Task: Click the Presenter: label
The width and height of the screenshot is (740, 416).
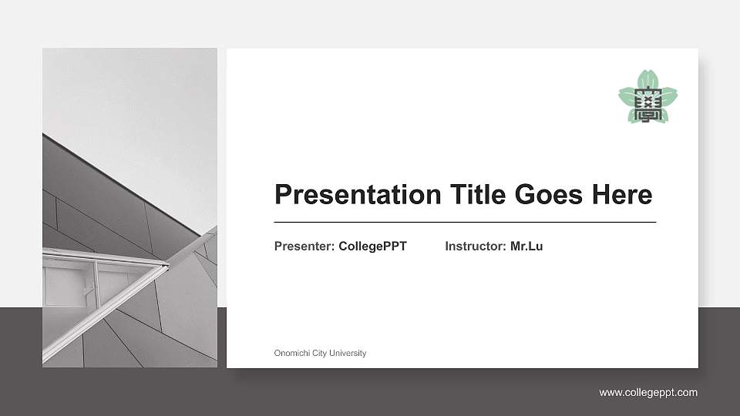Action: click(x=304, y=247)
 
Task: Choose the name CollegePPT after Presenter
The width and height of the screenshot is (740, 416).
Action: click(x=372, y=247)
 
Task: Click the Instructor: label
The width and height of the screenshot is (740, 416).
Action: click(x=476, y=247)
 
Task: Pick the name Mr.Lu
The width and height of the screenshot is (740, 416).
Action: click(x=526, y=247)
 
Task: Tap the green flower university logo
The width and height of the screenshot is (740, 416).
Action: click(x=647, y=96)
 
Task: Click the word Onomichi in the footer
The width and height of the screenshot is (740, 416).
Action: click(x=291, y=354)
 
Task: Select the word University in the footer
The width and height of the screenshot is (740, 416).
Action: click(x=348, y=354)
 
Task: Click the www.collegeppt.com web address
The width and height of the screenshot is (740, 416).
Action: click(x=648, y=393)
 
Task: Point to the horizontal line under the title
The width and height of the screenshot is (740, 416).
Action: click(x=465, y=222)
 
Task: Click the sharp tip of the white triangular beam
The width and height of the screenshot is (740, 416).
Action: click(x=167, y=267)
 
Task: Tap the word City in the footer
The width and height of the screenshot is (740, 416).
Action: click(x=319, y=354)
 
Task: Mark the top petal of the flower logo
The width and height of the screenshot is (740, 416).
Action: click(x=647, y=78)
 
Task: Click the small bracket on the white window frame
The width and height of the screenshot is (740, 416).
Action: click(x=88, y=290)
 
